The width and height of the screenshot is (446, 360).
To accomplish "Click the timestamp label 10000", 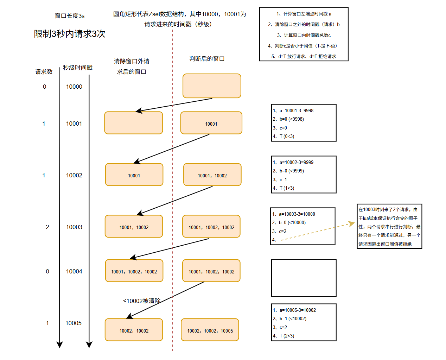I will [x=74, y=87].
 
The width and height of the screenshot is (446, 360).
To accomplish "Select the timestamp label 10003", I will [x=74, y=227].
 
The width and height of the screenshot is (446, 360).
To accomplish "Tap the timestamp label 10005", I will [x=74, y=323].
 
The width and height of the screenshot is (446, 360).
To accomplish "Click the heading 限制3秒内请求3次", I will [x=70, y=34].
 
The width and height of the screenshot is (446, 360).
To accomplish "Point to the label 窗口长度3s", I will [x=70, y=16].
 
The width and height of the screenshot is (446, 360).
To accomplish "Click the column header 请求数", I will [x=44, y=72].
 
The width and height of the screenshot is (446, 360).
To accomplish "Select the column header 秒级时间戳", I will [x=78, y=68].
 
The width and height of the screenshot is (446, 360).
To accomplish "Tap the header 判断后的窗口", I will [x=207, y=59].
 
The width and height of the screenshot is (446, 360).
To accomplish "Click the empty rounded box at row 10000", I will [x=212, y=86].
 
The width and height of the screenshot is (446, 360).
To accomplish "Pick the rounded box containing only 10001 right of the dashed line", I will [x=211, y=123].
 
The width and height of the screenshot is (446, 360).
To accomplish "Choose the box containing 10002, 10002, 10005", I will [x=210, y=330].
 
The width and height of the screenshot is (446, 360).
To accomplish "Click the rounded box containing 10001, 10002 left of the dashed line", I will [x=134, y=227].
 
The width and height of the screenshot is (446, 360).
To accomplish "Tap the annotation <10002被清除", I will [x=142, y=301].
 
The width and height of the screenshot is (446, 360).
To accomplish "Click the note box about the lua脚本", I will [x=389, y=226].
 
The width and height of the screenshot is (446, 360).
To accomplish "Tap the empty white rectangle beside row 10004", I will [x=304, y=278].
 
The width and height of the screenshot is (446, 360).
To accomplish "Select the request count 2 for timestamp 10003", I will [x=47, y=227].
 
